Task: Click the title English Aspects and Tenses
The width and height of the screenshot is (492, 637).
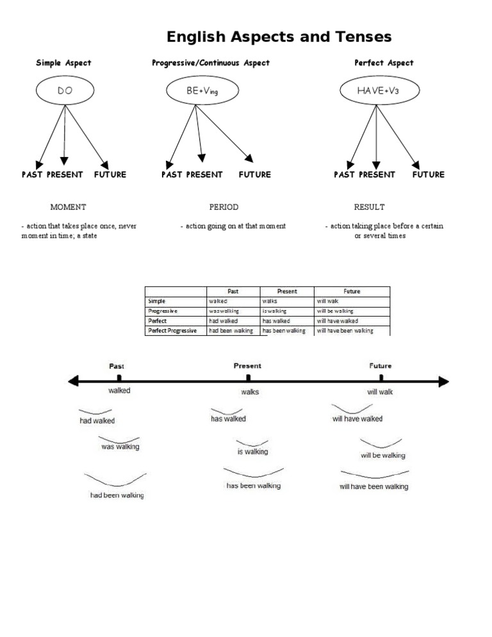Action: click(279, 37)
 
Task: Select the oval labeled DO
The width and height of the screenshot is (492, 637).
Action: click(65, 91)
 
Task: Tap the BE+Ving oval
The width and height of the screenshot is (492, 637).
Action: click(202, 91)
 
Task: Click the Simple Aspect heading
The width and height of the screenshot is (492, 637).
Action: click(63, 63)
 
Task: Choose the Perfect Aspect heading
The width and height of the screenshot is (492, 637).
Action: click(384, 63)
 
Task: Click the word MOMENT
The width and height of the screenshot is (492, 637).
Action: click(68, 207)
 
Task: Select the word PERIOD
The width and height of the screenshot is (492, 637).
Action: click(224, 207)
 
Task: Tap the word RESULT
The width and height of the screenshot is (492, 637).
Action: click(369, 207)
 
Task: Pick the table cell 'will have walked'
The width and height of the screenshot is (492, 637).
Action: click(337, 320)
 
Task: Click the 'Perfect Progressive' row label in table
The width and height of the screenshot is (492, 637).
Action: click(172, 331)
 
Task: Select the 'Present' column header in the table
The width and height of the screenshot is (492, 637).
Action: click(287, 291)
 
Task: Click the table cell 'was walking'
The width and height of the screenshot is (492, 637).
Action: click(224, 311)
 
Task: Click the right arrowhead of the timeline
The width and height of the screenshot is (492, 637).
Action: click(444, 382)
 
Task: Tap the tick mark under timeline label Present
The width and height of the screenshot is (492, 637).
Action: click(249, 379)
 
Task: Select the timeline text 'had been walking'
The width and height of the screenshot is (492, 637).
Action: click(117, 495)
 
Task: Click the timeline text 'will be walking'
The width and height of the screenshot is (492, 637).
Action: click(382, 456)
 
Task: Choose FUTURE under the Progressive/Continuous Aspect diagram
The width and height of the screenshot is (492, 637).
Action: click(255, 174)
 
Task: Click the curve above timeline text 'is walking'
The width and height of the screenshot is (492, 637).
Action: click(252, 443)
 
